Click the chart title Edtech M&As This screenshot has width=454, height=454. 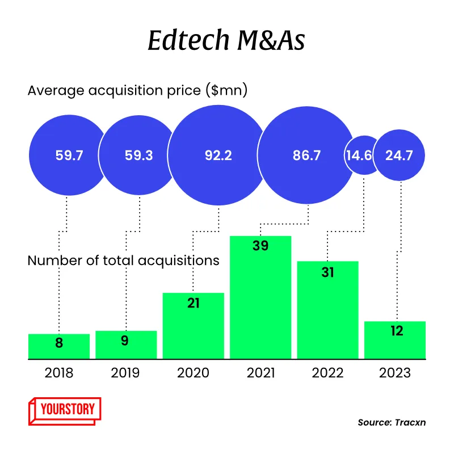coord(227,41)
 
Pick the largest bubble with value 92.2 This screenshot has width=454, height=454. coord(218,155)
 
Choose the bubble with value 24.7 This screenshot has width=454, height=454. coord(398,155)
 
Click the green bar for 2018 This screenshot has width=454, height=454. coord(59,346)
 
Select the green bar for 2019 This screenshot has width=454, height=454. coord(126,344)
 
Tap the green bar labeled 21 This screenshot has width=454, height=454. coord(194,326)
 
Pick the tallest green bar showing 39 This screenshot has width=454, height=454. coord(260,297)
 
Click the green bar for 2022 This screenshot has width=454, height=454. coord(327,310)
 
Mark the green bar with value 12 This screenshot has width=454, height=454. coord(395,340)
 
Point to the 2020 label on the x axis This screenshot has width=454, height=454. coord(193,373)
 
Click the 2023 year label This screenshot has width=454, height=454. coord(394,373)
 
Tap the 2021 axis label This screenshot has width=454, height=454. coord(260,373)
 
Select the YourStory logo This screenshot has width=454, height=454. coord(64,409)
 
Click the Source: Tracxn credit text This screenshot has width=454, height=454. coord(392,422)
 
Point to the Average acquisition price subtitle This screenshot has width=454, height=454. coord(137,90)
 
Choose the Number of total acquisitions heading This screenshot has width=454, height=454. coord(123,260)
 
